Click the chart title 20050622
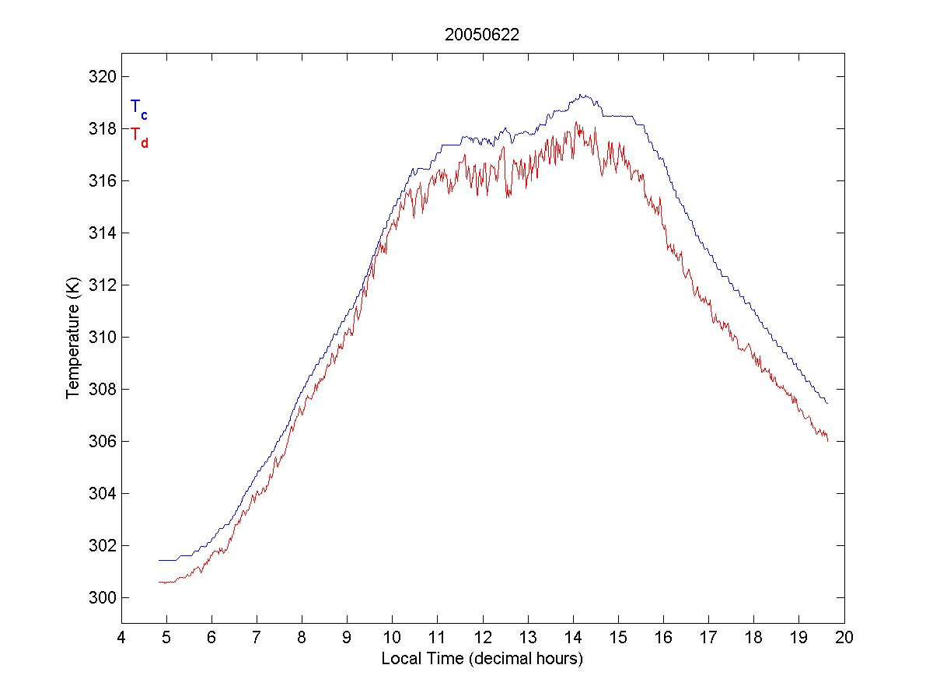482,35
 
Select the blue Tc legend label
138,109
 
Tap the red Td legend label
138,137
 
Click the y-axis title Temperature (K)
73,338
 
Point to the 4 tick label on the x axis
121,638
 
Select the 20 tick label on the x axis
844,638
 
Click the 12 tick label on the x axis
483,638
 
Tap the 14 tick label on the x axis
573,638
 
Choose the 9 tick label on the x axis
348,638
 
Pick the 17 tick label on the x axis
709,638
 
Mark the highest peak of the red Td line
577,122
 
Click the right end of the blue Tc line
827,404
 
